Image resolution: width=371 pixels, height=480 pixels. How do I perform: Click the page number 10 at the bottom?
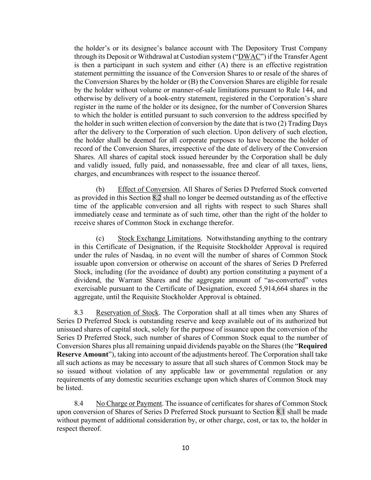(185, 448)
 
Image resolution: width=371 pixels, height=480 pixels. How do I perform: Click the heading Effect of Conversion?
(148, 189)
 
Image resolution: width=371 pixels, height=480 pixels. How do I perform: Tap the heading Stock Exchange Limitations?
(159, 238)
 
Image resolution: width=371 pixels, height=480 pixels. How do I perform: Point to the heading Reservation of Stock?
(127, 313)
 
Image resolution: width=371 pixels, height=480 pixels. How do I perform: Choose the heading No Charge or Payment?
(129, 403)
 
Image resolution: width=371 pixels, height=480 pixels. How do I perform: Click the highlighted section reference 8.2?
(157, 198)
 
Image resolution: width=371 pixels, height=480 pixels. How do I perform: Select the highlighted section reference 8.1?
(281, 412)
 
